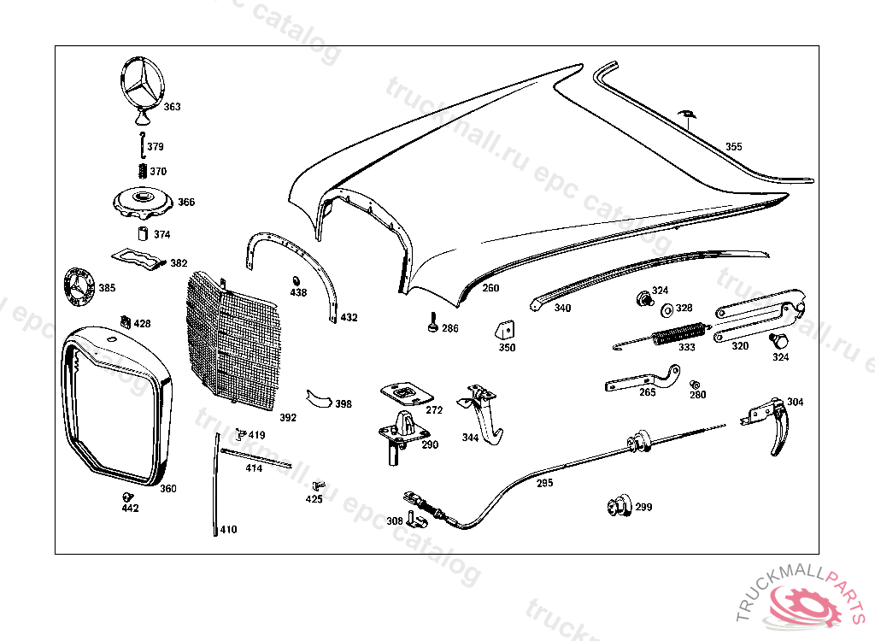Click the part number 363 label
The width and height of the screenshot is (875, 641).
coord(172,108)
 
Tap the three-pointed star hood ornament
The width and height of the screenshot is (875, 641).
coord(142,85)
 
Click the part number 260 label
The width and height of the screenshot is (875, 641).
coord(490,288)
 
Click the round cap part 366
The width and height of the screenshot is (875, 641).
coord(143,203)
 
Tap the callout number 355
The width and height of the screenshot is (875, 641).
coord(734,147)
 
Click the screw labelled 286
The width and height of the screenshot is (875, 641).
coord(432,325)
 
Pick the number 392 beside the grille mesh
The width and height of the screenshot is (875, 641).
coord(288,418)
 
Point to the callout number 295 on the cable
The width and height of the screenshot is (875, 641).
coord(544,483)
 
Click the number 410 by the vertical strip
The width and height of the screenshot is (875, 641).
coord(228,530)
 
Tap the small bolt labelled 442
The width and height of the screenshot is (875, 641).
coord(128,497)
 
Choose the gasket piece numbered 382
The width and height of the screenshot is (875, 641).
coord(137,258)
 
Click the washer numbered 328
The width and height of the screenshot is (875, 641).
coord(666,308)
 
